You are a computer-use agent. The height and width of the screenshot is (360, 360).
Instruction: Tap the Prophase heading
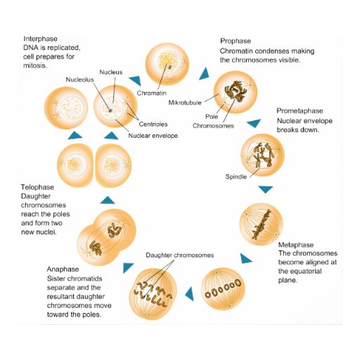coord(236,41)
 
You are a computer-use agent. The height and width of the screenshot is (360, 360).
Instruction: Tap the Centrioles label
coord(162,124)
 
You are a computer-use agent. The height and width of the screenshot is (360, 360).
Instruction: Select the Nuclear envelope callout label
coord(153,135)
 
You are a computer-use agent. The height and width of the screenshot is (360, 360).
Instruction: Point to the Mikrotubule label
coord(186,103)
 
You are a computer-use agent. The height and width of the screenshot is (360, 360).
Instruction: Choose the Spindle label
coord(236,176)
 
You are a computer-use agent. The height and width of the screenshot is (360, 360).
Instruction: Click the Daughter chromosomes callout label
coord(179,255)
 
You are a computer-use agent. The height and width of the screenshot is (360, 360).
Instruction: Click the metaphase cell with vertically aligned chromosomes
coord(262,224)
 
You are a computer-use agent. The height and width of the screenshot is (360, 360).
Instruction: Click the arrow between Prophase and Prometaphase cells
coord(253,124)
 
